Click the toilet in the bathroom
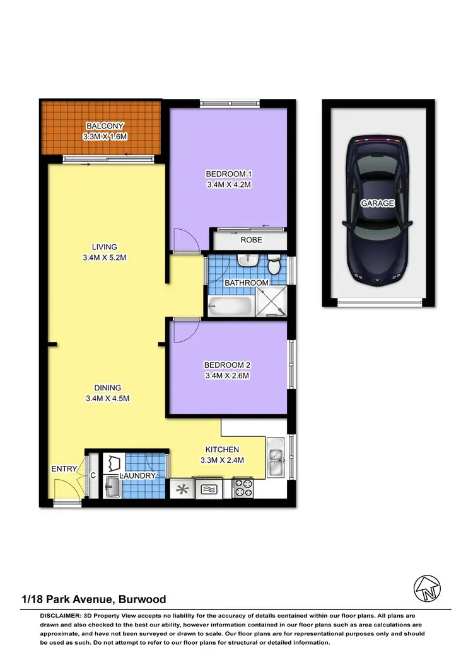tap(274, 266)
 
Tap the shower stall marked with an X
tap(272, 303)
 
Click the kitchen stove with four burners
tap(243, 488)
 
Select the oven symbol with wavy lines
tap(209, 489)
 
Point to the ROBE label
tap(250, 240)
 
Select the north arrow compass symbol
tap(427, 589)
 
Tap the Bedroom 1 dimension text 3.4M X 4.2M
tap(229, 185)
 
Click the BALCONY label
tap(105, 125)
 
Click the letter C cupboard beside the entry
tap(92, 476)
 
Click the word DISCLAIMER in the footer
tap(60, 615)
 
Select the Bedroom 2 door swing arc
tap(187, 332)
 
